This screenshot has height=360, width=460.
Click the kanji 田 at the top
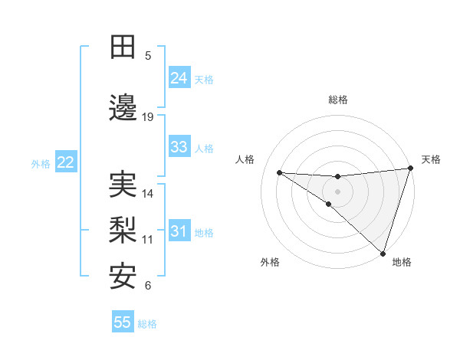[x=123, y=48]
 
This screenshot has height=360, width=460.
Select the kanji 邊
[x=123, y=109]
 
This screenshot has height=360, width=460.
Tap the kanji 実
[x=123, y=185]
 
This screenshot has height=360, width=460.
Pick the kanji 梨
[x=123, y=231]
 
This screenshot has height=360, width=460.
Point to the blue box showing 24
[x=179, y=78]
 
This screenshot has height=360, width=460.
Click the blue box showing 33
[x=179, y=147]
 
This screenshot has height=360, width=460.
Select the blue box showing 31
[x=179, y=232]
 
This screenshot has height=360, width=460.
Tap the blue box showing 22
[x=65, y=162]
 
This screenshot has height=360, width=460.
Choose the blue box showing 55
[x=123, y=322]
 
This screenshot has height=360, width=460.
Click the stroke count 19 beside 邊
[x=148, y=117]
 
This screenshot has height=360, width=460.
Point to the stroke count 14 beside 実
[x=148, y=194]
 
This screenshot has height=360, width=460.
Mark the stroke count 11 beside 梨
[x=148, y=240]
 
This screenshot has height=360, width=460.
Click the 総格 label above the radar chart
[x=337, y=100]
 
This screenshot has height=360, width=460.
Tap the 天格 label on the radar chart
[x=431, y=159]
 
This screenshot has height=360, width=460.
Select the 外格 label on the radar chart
[x=270, y=262]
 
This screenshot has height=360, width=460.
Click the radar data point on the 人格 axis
[x=279, y=172]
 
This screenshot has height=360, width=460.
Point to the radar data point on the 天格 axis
[x=411, y=169]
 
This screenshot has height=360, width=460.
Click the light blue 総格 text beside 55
[x=147, y=324]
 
